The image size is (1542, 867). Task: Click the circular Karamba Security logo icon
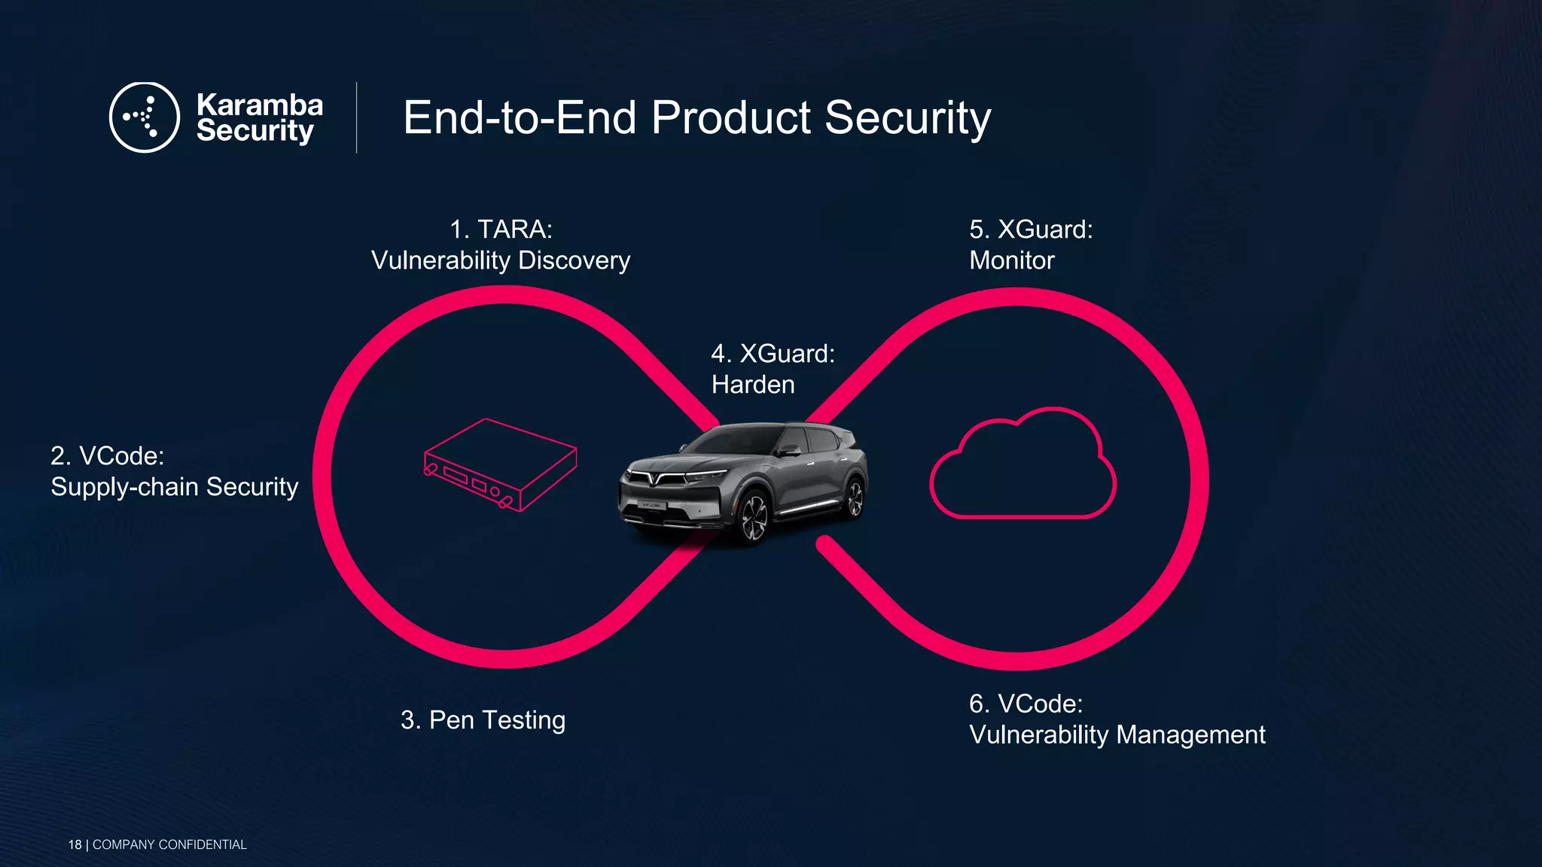[x=144, y=117]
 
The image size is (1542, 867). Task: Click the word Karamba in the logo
[x=259, y=105]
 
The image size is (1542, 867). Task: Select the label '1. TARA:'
[x=501, y=229]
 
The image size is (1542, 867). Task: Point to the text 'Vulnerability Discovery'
[x=501, y=260]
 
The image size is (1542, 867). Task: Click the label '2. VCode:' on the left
[x=107, y=455]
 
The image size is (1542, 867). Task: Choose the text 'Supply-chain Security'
[x=174, y=487]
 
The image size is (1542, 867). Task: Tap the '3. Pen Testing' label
[x=483, y=720]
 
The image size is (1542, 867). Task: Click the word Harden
[x=753, y=385]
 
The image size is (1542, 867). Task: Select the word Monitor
[x=1011, y=260]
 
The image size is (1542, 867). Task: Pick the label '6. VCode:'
[x=1025, y=704]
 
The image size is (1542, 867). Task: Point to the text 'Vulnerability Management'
[x=1117, y=735]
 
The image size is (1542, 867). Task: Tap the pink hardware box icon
[x=500, y=464]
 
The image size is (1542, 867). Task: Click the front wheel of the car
[x=753, y=519]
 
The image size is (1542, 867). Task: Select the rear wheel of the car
[x=855, y=497]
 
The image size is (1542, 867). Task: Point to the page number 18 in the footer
[x=75, y=844]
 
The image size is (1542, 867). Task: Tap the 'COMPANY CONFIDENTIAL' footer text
[x=169, y=844]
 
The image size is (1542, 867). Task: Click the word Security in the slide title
[x=907, y=117]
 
